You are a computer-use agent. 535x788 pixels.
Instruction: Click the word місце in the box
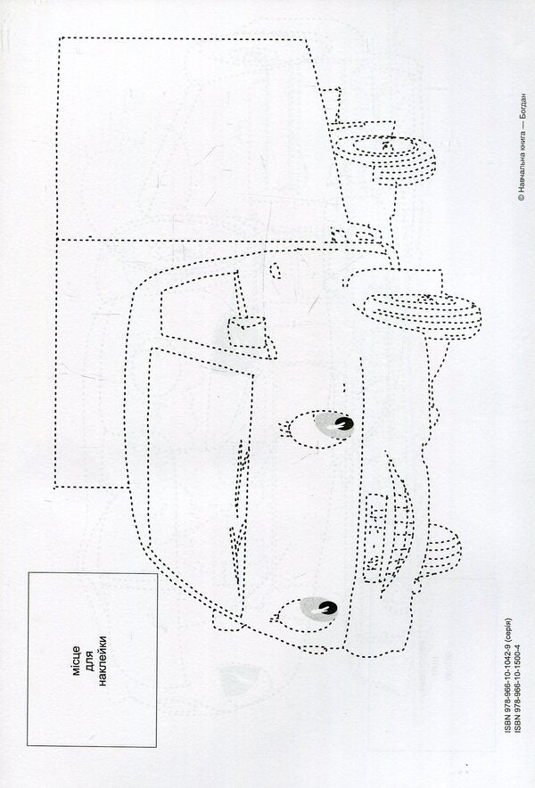pyautogui.click(x=77, y=661)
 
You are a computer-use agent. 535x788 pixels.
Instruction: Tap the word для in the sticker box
pyautogui.click(x=91, y=661)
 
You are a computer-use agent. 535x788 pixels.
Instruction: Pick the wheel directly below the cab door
pyautogui.click(x=423, y=316)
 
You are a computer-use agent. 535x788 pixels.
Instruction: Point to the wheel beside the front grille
pyautogui.click(x=439, y=550)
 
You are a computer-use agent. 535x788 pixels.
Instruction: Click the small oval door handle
pyautogui.click(x=275, y=271)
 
